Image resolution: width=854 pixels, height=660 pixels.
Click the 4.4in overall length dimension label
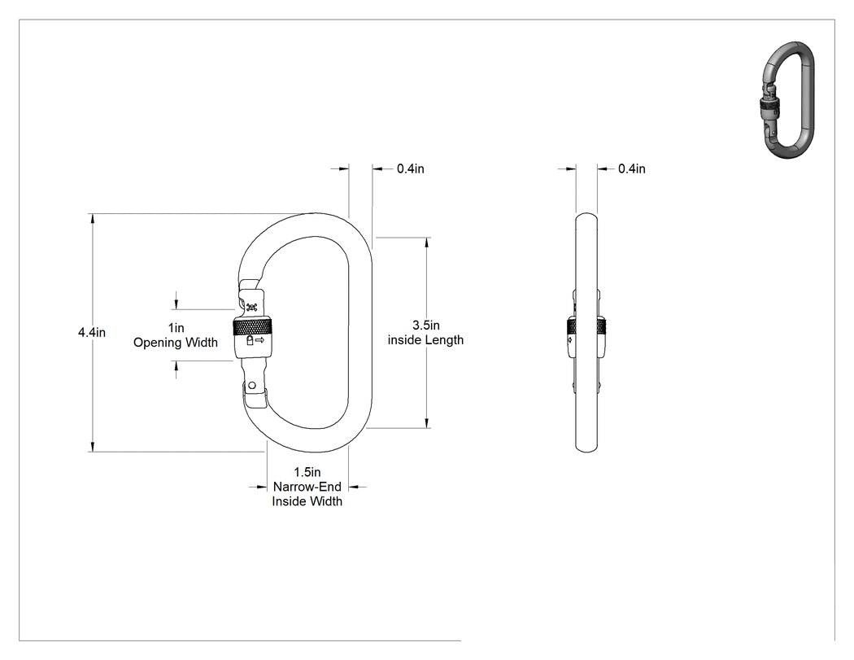click(91, 332)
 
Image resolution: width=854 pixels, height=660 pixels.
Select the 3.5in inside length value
click(426, 325)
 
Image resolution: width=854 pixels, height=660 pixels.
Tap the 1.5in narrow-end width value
click(307, 472)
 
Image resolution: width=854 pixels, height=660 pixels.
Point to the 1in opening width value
click(176, 327)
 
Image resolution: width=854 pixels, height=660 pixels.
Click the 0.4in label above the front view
click(411, 169)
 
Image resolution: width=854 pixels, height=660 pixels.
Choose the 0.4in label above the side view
click(632, 169)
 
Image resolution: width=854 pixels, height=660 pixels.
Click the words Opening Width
click(176, 343)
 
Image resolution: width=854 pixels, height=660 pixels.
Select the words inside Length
click(426, 340)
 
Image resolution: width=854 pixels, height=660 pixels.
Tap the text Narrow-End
click(307, 487)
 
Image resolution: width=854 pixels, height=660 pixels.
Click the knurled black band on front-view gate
click(253, 327)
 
